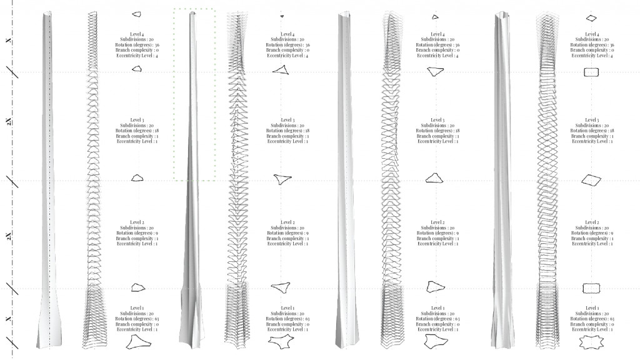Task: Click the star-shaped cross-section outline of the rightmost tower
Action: pyautogui.click(x=591, y=342)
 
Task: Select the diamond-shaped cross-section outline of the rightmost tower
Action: pyautogui.click(x=591, y=180)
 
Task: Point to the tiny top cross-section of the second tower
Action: pyautogui.click(x=282, y=16)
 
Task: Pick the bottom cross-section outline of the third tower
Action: pyautogui.click(x=432, y=342)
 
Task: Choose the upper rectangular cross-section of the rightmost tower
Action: pyautogui.click(x=591, y=72)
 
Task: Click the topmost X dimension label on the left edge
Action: pyautogui.click(x=8, y=41)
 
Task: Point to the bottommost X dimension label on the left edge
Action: pyautogui.click(x=8, y=319)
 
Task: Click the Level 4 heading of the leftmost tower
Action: pyautogui.click(x=137, y=34)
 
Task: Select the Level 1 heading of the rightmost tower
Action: pyautogui.click(x=591, y=308)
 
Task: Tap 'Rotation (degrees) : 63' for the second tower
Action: pyautogui.click(x=287, y=319)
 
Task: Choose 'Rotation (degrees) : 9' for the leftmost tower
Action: pyautogui.click(x=137, y=233)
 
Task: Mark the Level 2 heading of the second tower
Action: pyautogui.click(x=287, y=222)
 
